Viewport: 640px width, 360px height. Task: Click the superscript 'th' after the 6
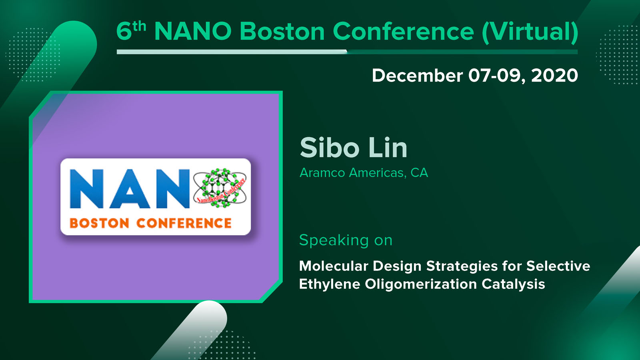(x=139, y=26)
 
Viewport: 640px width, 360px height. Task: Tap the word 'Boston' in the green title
(x=282, y=31)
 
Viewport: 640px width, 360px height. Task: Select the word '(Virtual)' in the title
(x=530, y=32)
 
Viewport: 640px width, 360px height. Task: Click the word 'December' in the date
(x=418, y=76)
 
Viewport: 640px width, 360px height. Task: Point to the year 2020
(x=554, y=76)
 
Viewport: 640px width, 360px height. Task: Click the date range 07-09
(x=497, y=76)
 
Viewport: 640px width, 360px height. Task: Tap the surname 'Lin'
(x=388, y=148)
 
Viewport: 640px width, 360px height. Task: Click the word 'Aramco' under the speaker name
(x=322, y=172)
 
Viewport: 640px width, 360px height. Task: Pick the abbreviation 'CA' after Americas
(x=419, y=172)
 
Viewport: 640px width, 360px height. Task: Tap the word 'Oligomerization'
(x=421, y=284)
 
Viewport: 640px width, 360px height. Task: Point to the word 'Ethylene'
(x=330, y=284)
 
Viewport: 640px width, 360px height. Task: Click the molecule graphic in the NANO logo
(x=220, y=188)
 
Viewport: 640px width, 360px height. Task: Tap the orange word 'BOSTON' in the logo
(x=100, y=224)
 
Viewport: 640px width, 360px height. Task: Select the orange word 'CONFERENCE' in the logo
(x=184, y=224)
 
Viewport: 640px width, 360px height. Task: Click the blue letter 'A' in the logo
(x=130, y=188)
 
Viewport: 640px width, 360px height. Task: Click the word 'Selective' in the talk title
(x=558, y=266)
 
